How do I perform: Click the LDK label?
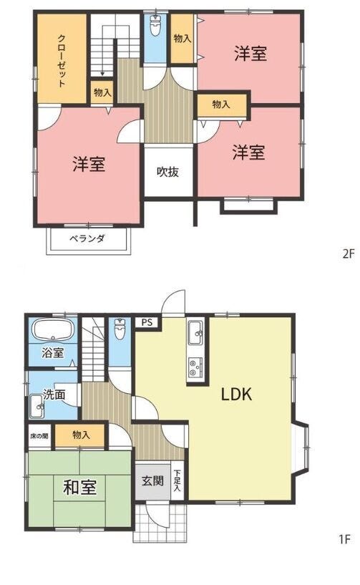[236, 394]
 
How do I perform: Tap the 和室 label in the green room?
[80, 487]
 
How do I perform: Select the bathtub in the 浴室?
[53, 330]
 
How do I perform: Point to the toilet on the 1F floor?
[120, 329]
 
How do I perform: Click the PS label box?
[147, 322]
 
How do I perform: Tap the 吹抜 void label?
[167, 172]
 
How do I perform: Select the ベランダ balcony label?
[87, 238]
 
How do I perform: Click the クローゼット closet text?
[62, 60]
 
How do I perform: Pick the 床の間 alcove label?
[39, 435]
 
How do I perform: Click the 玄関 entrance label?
[152, 480]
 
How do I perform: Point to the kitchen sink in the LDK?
[196, 332]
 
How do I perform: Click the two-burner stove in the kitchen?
[196, 367]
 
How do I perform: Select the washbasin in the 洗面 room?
[37, 407]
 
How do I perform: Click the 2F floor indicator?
[348, 254]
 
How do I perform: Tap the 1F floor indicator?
[344, 539]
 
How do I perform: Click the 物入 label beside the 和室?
[81, 435]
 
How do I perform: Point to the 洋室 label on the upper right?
[250, 54]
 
